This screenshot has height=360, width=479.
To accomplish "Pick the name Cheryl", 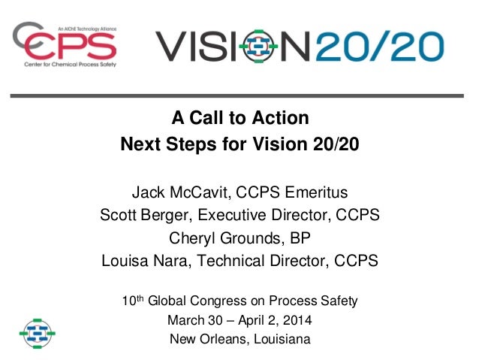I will (197, 238).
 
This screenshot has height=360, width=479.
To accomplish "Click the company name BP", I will (299, 238).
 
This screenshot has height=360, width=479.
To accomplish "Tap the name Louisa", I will (128, 262).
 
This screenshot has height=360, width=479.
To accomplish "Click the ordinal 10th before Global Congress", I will (132, 301).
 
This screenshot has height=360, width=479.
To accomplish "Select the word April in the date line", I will (249, 321).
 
